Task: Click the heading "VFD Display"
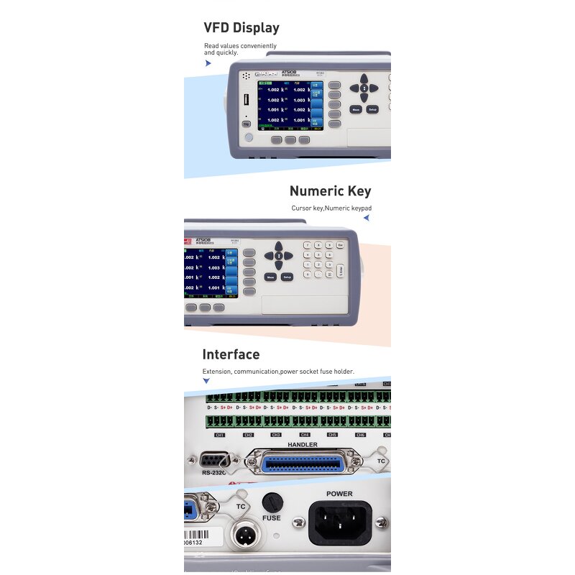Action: (241, 28)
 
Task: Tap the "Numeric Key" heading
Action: (330, 191)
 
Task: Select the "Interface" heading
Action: (231, 354)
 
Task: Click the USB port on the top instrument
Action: (246, 98)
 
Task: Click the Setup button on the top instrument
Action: (372, 109)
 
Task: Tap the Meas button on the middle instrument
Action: (271, 277)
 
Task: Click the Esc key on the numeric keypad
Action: (340, 245)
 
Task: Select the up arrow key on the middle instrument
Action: (279, 246)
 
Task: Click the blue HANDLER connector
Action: (303, 464)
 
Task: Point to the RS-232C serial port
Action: (215, 461)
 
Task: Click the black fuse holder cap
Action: (271, 502)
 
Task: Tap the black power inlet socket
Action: (340, 523)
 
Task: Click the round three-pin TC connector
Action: (241, 535)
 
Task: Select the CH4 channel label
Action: (304, 435)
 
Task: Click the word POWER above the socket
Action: (340, 494)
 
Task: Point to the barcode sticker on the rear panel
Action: (203, 536)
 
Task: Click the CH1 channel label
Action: (220, 435)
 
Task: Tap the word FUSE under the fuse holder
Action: (272, 517)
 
